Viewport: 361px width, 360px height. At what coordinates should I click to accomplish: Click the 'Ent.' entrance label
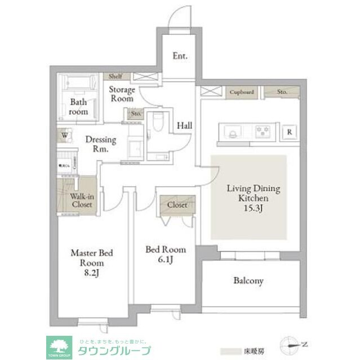tap(180, 56)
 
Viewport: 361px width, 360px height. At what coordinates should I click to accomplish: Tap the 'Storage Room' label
tap(122, 94)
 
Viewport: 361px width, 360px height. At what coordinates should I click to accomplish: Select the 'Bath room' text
tap(79, 107)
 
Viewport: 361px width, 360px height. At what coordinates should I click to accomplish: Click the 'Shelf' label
tap(115, 76)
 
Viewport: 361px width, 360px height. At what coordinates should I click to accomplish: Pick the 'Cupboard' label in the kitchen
tap(242, 92)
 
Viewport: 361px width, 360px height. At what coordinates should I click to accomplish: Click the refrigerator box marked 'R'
tap(289, 132)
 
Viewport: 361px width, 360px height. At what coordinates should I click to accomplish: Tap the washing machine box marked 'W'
tap(64, 136)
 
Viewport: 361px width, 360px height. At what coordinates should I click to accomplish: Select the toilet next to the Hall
tap(158, 120)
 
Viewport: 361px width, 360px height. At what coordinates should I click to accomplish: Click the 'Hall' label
tap(184, 126)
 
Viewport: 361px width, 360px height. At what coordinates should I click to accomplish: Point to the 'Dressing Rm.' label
tap(101, 145)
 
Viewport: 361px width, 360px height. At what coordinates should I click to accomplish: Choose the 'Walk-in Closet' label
tap(82, 201)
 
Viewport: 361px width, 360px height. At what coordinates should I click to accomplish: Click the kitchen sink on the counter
tap(233, 132)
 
